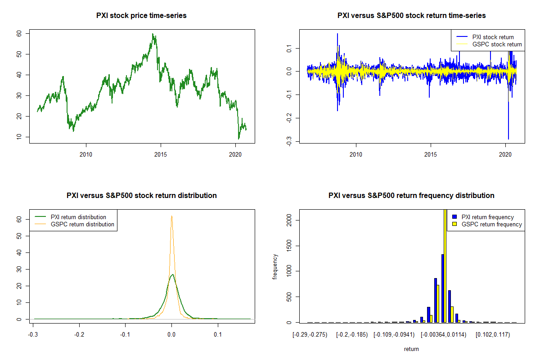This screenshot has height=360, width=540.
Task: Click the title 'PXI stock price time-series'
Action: coord(141,16)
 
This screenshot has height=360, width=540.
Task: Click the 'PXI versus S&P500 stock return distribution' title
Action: coord(141,196)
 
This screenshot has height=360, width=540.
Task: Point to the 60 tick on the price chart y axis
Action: coord(19,33)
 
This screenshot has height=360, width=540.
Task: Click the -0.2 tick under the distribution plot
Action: coord(80,335)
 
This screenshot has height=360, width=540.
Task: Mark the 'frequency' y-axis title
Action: coord(275,267)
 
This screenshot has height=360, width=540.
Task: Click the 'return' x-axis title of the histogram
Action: coord(411,349)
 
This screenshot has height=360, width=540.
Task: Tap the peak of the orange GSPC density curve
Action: coord(171,216)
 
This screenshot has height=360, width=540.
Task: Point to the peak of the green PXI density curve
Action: coord(171,274)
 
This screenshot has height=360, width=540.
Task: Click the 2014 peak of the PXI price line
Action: coord(153,34)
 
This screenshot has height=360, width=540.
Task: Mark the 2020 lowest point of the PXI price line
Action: coord(238,139)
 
